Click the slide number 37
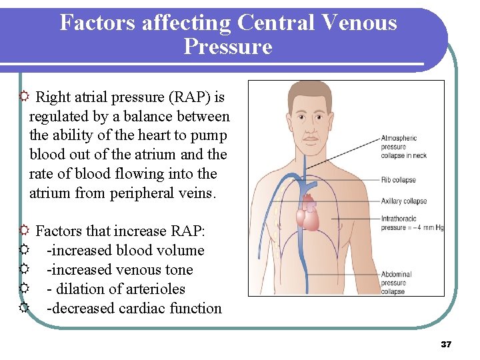click(x=446, y=345)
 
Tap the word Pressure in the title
click(x=228, y=47)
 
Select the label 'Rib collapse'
click(x=399, y=180)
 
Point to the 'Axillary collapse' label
click(x=404, y=201)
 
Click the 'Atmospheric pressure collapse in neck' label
click(x=403, y=147)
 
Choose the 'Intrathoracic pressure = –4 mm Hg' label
click(x=412, y=223)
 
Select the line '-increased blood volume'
click(x=125, y=251)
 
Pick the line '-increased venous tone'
click(x=119, y=270)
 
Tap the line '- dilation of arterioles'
click(x=116, y=289)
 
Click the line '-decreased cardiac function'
click(x=134, y=309)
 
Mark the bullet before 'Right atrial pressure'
click(x=24, y=97)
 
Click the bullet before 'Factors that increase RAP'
click(x=24, y=231)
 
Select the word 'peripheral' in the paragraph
click(x=145, y=193)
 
